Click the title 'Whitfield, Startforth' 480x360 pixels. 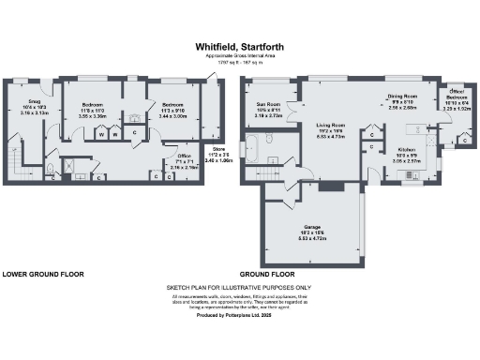pos(239,44)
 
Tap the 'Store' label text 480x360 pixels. pos(218,151)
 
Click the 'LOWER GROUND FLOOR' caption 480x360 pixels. pos(42,275)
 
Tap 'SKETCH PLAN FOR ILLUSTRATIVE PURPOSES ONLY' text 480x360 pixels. pos(239,288)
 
